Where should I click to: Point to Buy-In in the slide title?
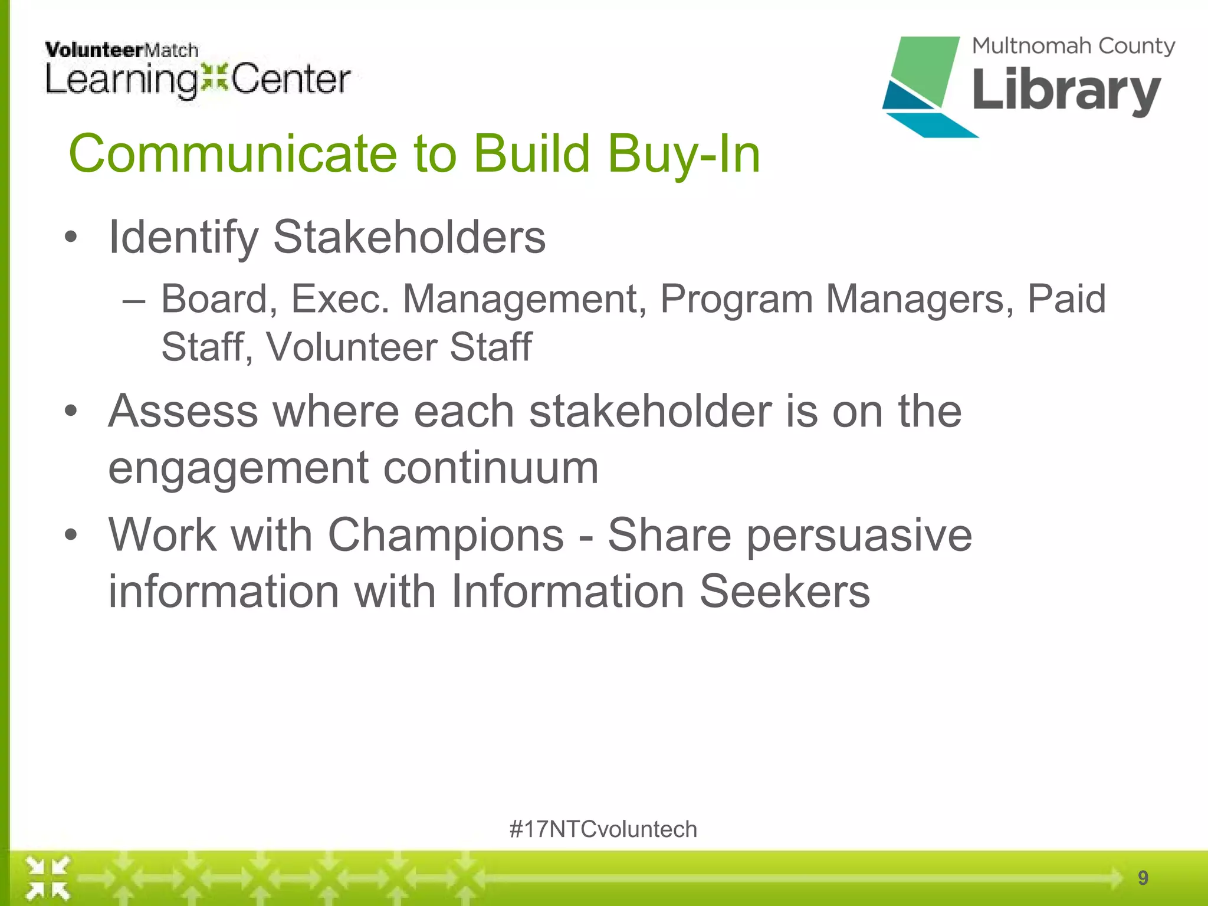684,155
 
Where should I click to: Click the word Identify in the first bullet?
183,237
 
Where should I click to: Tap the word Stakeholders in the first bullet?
409,237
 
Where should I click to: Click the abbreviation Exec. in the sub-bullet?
340,299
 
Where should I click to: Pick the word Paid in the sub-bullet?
1066,299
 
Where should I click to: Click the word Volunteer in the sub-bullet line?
350,347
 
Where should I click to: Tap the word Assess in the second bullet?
183,411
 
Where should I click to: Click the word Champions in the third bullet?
446,535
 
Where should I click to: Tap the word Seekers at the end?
784,591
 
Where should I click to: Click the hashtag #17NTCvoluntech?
603,829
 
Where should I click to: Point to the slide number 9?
1143,878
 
